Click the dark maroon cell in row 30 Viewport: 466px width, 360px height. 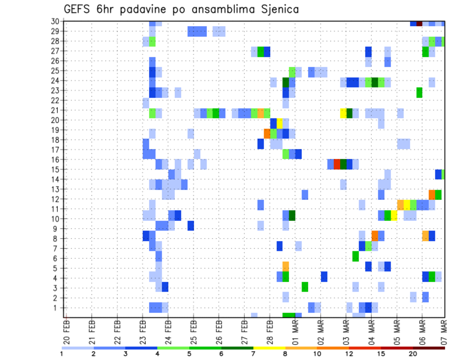coord(419,23)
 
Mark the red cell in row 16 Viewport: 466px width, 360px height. coord(337,164)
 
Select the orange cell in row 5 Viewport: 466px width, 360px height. coord(286,266)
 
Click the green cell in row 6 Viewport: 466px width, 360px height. coord(356,256)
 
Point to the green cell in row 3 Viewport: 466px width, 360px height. coord(305,287)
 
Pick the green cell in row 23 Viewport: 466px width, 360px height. coord(419,92)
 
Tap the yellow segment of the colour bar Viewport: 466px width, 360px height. coord(269,347)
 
